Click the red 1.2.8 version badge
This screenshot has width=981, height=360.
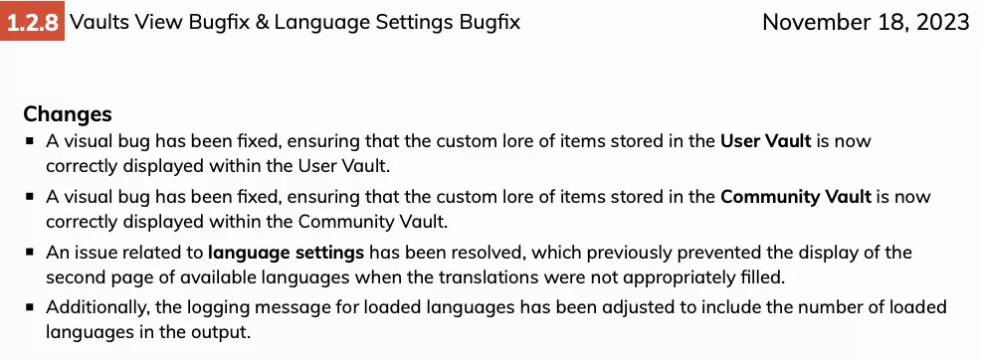click(x=32, y=22)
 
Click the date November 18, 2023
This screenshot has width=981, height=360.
click(x=866, y=23)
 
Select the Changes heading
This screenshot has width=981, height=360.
click(x=68, y=114)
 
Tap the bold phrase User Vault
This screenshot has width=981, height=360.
click(x=766, y=140)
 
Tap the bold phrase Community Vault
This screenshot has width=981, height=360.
click(x=796, y=197)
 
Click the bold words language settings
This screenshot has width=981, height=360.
click(x=286, y=254)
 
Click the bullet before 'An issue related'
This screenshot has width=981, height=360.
click(x=30, y=253)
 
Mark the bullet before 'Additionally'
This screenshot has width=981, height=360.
click(x=30, y=307)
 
